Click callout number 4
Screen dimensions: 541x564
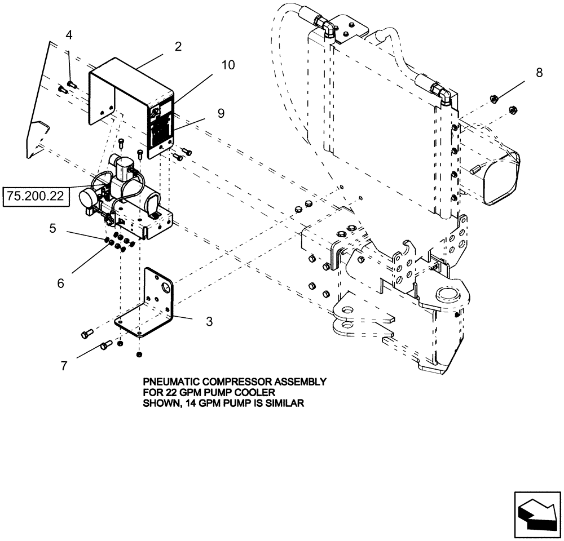click(x=69, y=36)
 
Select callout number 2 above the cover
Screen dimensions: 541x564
click(x=178, y=47)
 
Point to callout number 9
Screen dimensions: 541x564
click(x=221, y=113)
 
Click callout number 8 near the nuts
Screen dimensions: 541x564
click(x=539, y=72)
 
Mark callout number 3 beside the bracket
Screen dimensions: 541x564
click(x=209, y=322)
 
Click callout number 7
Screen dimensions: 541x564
click(x=64, y=366)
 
